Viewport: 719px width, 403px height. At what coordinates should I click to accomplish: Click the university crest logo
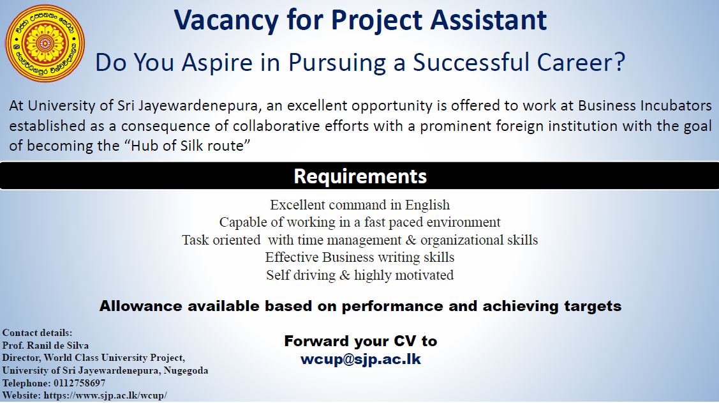[x=45, y=43]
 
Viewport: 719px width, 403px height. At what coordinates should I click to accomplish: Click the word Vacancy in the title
[x=226, y=20]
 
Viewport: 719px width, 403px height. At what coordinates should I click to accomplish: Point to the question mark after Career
[x=619, y=61]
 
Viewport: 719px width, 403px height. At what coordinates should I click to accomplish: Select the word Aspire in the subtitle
[x=217, y=63]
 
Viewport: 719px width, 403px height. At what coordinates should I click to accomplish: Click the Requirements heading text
[x=360, y=176]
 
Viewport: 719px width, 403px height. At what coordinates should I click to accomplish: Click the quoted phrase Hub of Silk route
[x=188, y=146]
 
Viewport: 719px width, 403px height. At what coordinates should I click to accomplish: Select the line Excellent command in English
[x=360, y=205]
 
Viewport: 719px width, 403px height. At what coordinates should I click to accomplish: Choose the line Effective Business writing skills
[x=360, y=257]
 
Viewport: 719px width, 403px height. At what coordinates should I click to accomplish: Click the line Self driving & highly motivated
[x=360, y=275]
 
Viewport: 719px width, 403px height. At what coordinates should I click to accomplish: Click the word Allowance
[x=140, y=306]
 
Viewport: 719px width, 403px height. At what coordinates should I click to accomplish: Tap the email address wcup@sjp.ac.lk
[x=360, y=359]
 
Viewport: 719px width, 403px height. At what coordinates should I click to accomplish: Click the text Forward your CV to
[x=360, y=341]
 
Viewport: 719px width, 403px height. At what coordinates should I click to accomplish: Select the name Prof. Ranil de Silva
[x=45, y=345]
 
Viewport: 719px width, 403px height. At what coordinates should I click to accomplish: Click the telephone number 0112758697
[x=79, y=383]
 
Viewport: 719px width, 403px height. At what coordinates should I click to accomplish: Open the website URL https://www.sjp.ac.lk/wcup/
[x=105, y=396]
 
